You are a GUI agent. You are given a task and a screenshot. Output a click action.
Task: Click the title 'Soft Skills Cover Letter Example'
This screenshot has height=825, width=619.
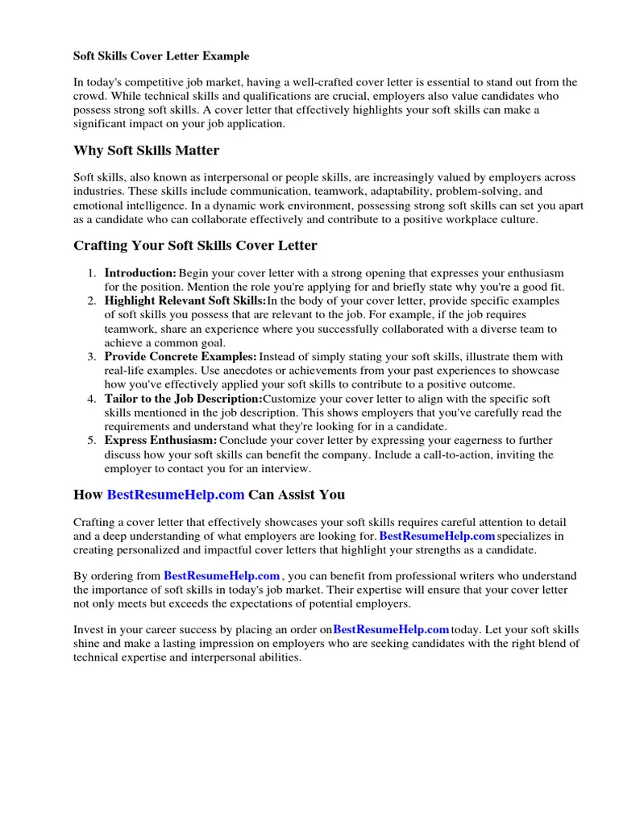click(x=161, y=56)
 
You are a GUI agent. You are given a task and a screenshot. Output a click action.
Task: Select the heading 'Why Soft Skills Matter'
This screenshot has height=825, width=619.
click(x=146, y=151)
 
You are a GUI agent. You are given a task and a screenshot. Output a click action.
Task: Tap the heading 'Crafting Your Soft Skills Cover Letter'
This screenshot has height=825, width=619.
click(x=195, y=245)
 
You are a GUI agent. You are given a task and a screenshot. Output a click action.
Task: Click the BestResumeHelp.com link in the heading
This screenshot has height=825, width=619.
click(x=175, y=494)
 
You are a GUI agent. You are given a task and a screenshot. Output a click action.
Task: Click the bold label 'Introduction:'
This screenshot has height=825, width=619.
click(x=140, y=274)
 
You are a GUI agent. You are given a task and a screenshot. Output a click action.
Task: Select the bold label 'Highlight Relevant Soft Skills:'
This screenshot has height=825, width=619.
click(x=185, y=301)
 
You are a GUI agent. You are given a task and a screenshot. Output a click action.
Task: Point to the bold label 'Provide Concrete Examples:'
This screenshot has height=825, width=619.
click(x=181, y=357)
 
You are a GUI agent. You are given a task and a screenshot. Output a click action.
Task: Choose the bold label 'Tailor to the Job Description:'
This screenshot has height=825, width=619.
click(x=183, y=399)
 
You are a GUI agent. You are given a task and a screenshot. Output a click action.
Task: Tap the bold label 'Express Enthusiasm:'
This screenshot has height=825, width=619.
click(x=160, y=441)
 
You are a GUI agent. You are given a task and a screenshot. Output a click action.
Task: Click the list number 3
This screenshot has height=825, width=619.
click(x=93, y=357)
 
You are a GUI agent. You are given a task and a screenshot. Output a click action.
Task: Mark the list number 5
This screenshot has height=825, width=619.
click(x=93, y=441)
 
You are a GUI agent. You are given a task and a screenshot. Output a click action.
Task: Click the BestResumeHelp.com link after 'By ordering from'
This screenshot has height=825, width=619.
click(x=222, y=576)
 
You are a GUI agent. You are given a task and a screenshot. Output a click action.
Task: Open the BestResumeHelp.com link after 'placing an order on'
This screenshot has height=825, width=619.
click(x=391, y=629)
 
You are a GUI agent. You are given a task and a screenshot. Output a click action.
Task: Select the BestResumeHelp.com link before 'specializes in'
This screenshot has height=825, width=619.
click(x=437, y=536)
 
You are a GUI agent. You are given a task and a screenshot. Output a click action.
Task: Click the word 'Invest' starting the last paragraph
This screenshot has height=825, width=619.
click(x=89, y=629)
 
